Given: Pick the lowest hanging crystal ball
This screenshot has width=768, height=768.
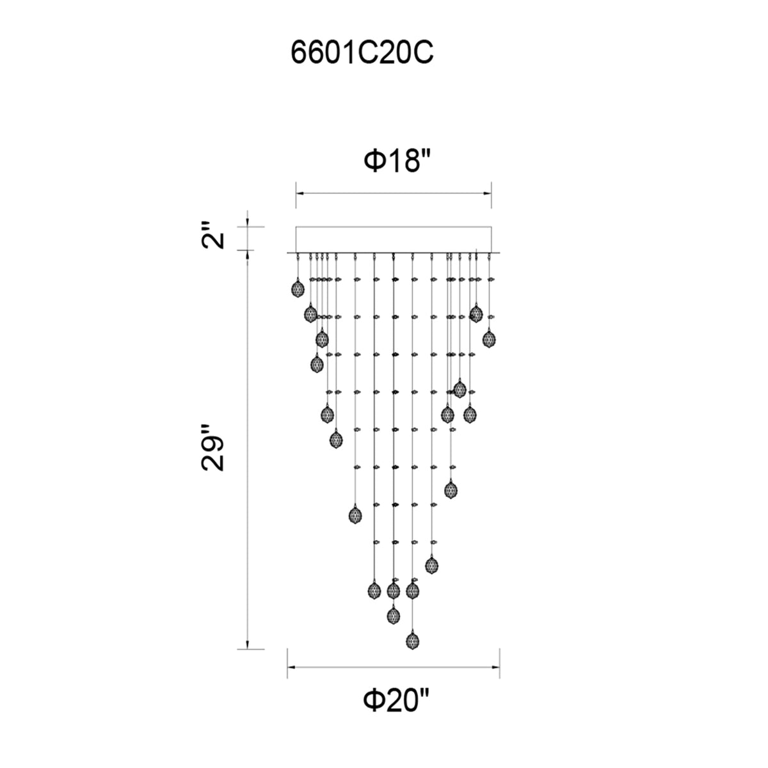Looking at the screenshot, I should (413, 640).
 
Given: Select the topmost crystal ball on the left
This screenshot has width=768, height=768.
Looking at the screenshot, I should (296, 289).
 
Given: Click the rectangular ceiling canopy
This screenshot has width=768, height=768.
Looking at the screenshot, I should (393, 239).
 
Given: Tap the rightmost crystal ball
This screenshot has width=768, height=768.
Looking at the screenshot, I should (489, 339).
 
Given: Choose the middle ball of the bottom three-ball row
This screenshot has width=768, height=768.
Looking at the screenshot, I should (393, 590).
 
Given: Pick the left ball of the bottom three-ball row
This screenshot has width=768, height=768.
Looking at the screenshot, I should (374, 590).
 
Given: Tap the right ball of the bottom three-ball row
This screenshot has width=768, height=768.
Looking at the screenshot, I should (413, 590).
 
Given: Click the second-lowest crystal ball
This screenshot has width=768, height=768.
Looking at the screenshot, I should (393, 616).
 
